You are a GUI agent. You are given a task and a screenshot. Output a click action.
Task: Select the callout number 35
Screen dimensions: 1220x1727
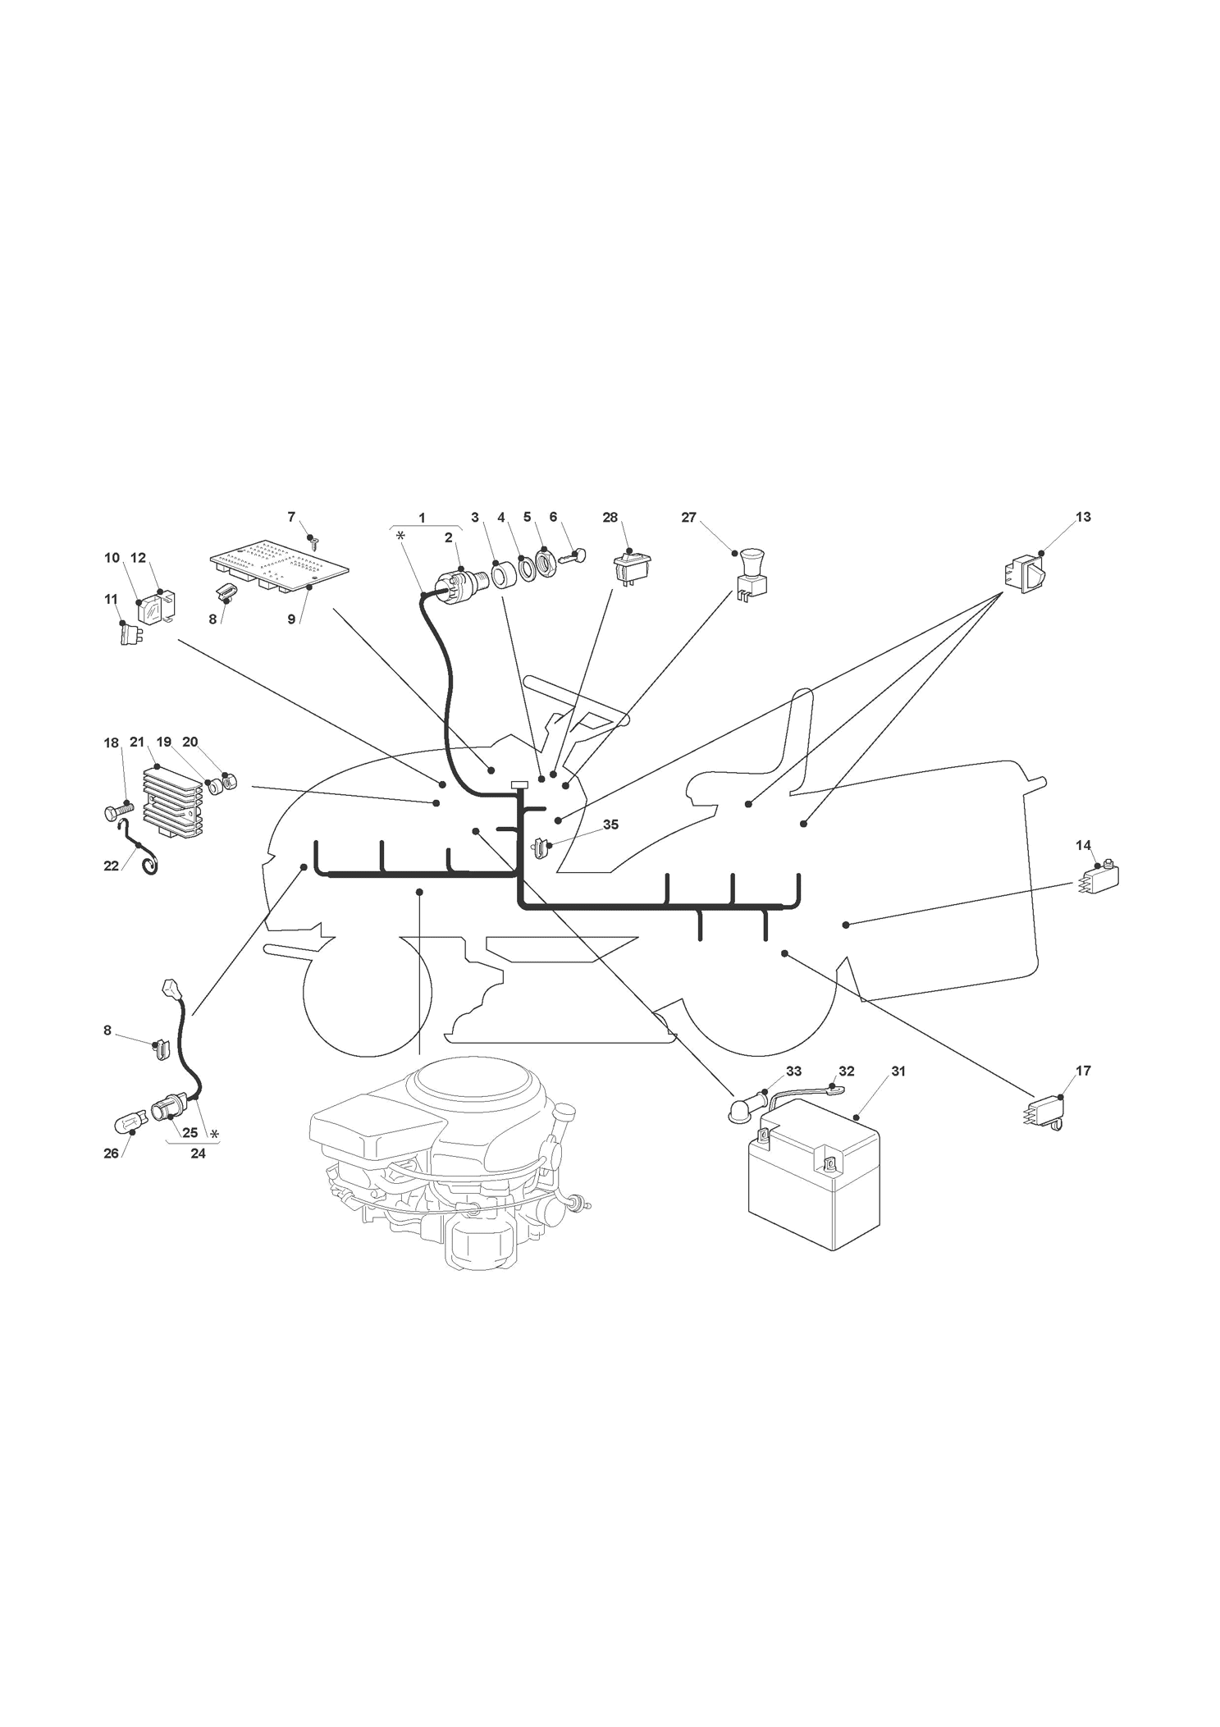click(x=610, y=825)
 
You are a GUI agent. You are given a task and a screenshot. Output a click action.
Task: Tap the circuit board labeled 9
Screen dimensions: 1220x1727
click(x=279, y=567)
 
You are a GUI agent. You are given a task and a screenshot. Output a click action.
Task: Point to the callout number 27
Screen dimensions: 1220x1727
click(x=688, y=517)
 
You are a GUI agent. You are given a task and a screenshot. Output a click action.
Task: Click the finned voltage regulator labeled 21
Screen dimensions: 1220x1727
click(x=172, y=798)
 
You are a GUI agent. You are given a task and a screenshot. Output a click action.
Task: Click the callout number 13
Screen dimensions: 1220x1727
click(x=1083, y=517)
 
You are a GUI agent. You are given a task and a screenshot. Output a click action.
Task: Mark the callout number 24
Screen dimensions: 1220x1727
click(x=198, y=1152)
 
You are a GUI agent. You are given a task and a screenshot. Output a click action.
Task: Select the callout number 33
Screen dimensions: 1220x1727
click(x=793, y=1071)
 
